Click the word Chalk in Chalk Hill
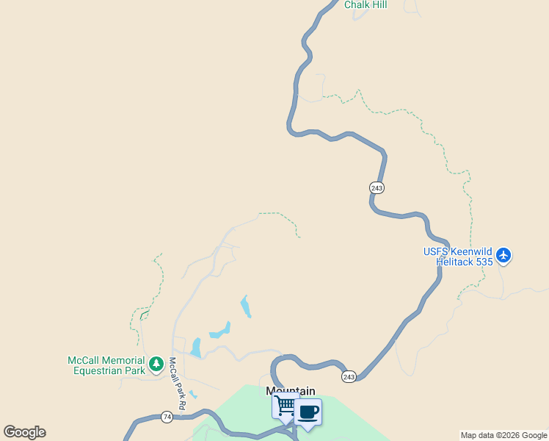(x=357, y=4)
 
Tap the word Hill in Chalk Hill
(x=379, y=4)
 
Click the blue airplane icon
(x=503, y=256)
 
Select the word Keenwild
(x=472, y=251)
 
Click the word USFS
(x=436, y=251)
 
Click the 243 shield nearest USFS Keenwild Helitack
(x=377, y=188)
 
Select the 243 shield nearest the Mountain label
(x=349, y=376)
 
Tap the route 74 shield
(x=167, y=417)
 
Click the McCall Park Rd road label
(x=177, y=384)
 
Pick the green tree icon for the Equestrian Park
(x=156, y=363)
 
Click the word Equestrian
(x=98, y=370)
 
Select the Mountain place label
(x=291, y=391)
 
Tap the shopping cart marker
(x=285, y=405)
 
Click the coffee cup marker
(x=308, y=412)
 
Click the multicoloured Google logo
(x=24, y=432)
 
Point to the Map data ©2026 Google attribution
(x=503, y=435)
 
